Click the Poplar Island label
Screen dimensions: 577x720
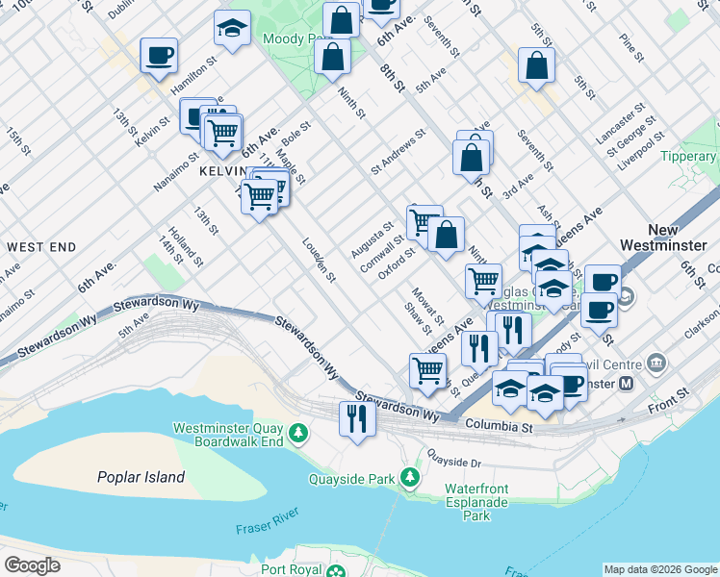click(x=141, y=477)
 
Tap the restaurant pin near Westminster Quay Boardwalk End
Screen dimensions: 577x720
click(x=357, y=418)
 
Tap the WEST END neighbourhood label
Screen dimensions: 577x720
click(x=40, y=247)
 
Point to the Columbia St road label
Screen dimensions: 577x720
click(x=499, y=424)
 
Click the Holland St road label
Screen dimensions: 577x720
click(x=183, y=246)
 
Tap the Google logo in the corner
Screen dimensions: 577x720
click(x=32, y=564)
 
